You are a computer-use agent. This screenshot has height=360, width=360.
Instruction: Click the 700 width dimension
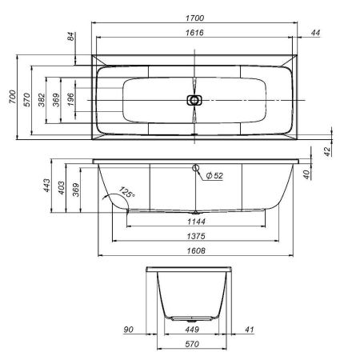pyautogui.click(x=12, y=98)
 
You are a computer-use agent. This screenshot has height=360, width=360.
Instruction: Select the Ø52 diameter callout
pyautogui.click(x=214, y=176)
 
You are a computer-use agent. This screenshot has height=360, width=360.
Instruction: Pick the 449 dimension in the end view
pyautogui.click(x=192, y=329)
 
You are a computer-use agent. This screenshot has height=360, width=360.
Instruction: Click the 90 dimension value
pyautogui.click(x=128, y=329)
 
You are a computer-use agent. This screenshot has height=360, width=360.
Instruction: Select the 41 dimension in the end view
pyautogui.click(x=250, y=329)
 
